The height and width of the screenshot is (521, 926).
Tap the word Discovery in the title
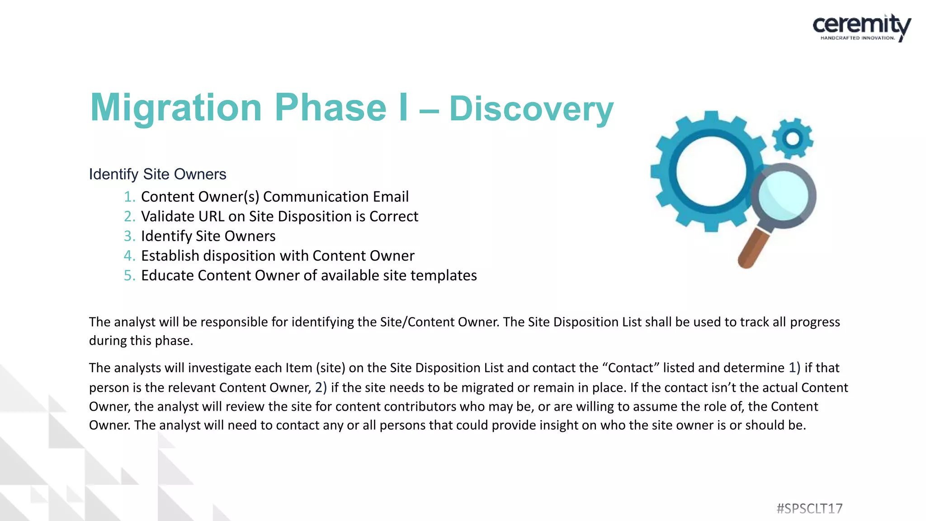click(531, 109)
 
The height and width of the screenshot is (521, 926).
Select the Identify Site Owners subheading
click(157, 174)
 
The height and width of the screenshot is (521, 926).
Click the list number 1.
click(129, 197)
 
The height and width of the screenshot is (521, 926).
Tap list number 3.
click(129, 236)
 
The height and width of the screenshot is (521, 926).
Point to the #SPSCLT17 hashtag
click(809, 509)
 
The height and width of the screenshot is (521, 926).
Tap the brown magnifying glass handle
click(753, 249)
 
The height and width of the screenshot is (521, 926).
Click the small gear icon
click(792, 138)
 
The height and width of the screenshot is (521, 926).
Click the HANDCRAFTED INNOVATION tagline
click(857, 38)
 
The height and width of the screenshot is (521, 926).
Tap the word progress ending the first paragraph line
click(815, 322)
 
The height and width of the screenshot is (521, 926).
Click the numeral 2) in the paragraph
click(321, 388)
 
